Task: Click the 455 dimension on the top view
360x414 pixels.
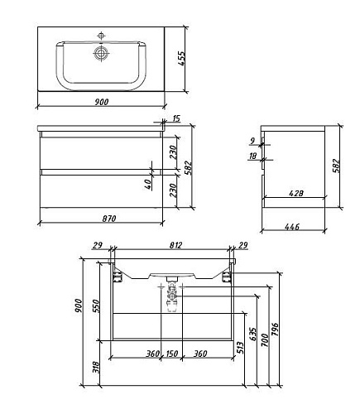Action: [181, 58]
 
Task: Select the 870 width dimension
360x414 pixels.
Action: [109, 219]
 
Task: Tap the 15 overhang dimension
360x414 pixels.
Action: [176, 118]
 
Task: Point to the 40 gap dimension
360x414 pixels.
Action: [148, 184]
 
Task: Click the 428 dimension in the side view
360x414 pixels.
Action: [296, 193]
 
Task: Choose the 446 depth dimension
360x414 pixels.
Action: [292, 227]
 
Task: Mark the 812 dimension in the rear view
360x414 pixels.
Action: [175, 245]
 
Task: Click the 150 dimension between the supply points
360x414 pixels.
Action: [171, 354]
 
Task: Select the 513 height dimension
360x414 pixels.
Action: [240, 348]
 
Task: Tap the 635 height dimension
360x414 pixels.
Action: [252, 335]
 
